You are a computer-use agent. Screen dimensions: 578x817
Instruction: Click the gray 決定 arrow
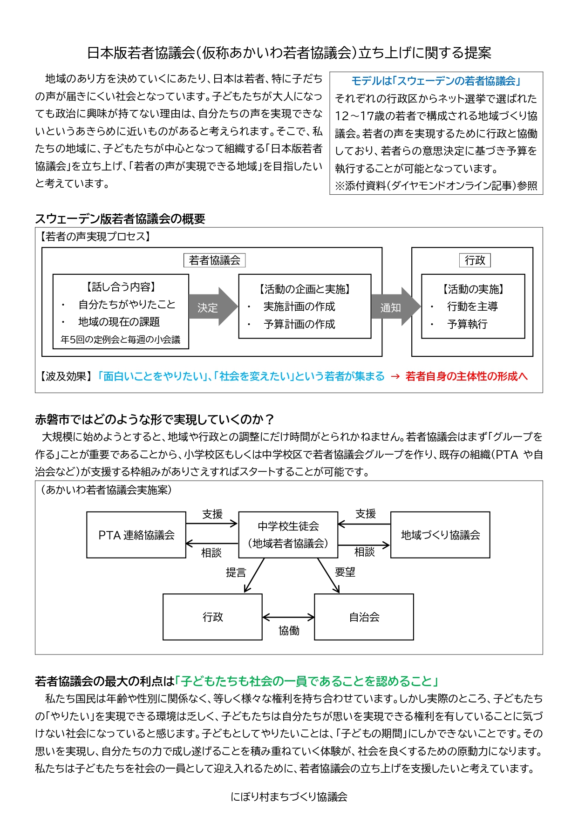point(213,306)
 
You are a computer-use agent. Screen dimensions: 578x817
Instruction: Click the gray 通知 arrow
point(395,306)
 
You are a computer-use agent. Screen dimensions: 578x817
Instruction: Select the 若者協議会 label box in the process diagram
point(214,260)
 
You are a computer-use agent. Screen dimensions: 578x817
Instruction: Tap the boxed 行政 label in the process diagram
point(475,260)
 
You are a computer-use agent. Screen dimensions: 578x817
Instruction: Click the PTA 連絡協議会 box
point(136,535)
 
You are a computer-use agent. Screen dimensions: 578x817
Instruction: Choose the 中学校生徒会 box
point(288,535)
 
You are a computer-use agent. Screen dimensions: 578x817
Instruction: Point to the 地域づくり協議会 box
point(440,535)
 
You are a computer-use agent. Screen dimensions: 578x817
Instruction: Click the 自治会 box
point(364,617)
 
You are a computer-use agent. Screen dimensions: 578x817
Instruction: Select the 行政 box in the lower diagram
point(212,617)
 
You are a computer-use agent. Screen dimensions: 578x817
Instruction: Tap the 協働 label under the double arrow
point(289,631)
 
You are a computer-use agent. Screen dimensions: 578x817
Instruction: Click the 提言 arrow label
point(236,572)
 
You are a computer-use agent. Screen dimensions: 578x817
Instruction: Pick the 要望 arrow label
point(345,572)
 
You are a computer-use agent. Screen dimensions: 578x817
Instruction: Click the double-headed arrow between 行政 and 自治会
point(288,618)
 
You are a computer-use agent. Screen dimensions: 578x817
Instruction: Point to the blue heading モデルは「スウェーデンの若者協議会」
point(436,81)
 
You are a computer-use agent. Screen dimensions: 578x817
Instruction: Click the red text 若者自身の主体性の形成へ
point(466,376)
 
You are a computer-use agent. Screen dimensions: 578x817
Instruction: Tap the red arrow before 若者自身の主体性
point(395,376)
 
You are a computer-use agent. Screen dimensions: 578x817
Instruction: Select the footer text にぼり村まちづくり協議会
point(289,797)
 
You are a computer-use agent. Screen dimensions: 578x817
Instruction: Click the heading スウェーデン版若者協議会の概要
point(120,219)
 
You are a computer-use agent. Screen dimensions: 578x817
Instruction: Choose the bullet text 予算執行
point(467,324)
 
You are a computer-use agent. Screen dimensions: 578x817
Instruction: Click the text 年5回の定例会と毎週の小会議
point(120,340)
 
